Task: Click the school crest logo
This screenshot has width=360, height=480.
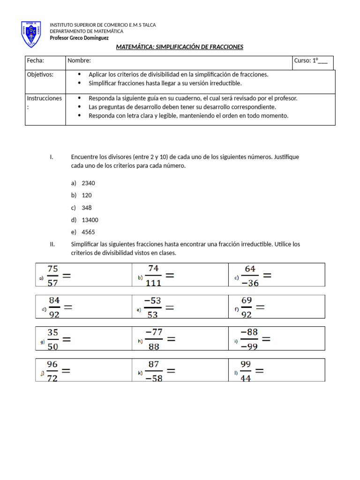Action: click(x=31, y=34)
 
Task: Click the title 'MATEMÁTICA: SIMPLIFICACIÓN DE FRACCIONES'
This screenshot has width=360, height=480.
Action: click(x=180, y=47)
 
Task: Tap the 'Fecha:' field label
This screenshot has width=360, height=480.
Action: click(x=35, y=60)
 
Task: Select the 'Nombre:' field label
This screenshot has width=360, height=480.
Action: click(x=79, y=60)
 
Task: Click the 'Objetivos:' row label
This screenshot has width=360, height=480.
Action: click(x=40, y=75)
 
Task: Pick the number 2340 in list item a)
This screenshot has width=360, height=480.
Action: click(x=88, y=183)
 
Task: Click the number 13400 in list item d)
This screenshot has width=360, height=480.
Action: click(x=90, y=220)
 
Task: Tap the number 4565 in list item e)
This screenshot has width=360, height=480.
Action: click(x=88, y=232)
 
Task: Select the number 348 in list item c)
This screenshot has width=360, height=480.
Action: click(x=87, y=208)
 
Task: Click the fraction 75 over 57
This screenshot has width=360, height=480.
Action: click(x=53, y=276)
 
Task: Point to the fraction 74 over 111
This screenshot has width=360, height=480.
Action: click(x=153, y=276)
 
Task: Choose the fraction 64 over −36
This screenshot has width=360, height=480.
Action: click(x=250, y=276)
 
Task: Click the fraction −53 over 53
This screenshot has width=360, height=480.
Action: click(x=153, y=307)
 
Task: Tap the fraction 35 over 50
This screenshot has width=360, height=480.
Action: click(x=53, y=339)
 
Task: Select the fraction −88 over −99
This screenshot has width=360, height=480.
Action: click(x=249, y=339)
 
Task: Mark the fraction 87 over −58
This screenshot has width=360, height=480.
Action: click(x=154, y=371)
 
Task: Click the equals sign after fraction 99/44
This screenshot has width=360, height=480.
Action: click(x=259, y=370)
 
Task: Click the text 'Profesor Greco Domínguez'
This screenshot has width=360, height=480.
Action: click(x=79, y=38)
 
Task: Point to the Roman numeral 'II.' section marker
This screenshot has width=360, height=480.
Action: click(x=52, y=244)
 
